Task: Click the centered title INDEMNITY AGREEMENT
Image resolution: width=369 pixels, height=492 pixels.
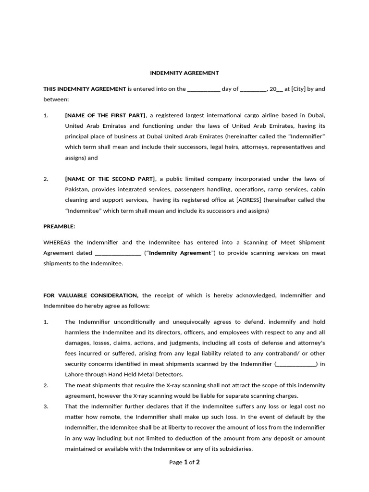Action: [184, 73]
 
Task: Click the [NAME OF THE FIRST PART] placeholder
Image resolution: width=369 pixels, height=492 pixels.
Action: [105, 115]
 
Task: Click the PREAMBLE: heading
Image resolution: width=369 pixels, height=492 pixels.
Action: [59, 226]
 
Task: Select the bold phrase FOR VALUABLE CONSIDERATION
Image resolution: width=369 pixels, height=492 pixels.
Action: [91, 295]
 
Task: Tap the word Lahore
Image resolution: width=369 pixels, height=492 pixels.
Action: [75, 374]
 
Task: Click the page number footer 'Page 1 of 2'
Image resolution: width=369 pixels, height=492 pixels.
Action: [184, 462]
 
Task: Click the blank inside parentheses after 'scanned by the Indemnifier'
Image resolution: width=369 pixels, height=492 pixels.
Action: [296, 364]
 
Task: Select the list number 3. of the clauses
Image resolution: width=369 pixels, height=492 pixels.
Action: [46, 406]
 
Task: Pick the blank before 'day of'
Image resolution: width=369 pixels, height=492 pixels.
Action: [203, 89]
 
